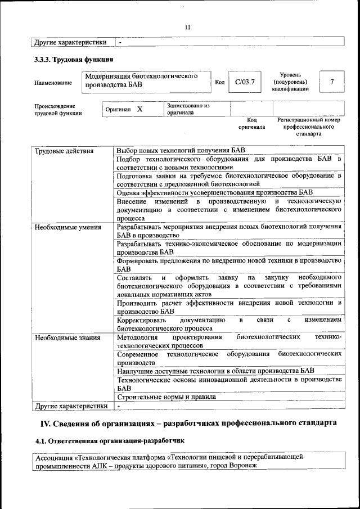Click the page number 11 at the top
[187, 26]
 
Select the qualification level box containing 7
[332, 82]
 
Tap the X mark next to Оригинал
[140, 109]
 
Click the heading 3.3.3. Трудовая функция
[74, 59]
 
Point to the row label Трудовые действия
[64, 151]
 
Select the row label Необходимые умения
[67, 228]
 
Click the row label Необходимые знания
[67, 338]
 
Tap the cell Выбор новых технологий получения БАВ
[181, 151]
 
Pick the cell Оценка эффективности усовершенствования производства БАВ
[214, 192]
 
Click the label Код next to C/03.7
[220, 83]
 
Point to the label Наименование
[53, 83]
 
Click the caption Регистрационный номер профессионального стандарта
[308, 127]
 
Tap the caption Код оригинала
[251, 124]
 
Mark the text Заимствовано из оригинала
[188, 109]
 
